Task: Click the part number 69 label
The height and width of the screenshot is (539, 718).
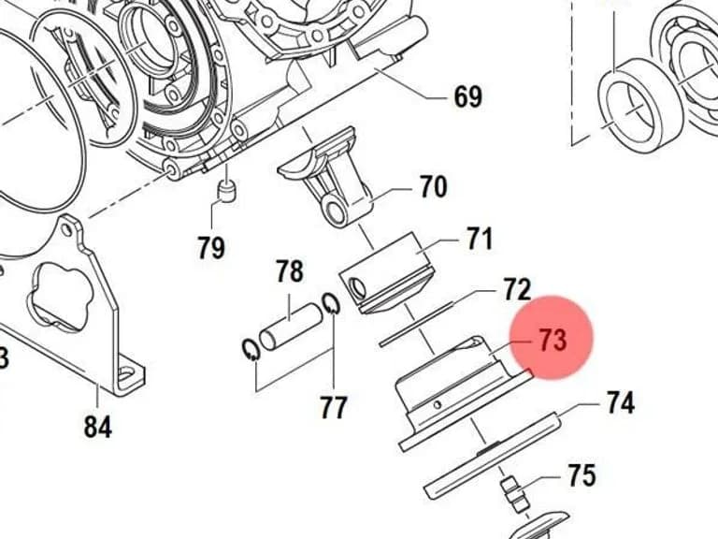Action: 468,96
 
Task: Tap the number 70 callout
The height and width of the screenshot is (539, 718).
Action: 433,186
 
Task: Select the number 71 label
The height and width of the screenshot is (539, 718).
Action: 480,239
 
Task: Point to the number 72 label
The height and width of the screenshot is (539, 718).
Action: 517,289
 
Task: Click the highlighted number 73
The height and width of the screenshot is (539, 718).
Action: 553,340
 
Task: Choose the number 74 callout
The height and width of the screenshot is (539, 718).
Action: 621,402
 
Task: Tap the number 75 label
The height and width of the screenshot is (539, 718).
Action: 582,474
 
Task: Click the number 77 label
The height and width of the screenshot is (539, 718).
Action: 334,406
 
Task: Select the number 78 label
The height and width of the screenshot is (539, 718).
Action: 290,271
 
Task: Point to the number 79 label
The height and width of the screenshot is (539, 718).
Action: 211,247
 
